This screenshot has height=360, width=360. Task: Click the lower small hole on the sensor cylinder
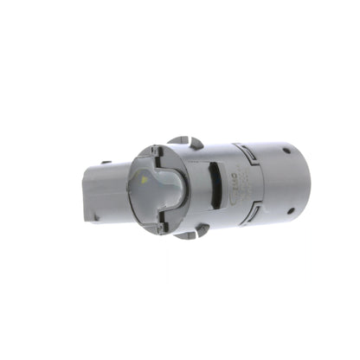pyautogui.click(x=291, y=209)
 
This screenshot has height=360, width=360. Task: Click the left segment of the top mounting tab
pyautogui.click(x=177, y=140)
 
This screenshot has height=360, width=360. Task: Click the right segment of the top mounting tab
pyautogui.click(x=196, y=142)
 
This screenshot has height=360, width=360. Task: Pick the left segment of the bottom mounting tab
pyautogui.click(x=183, y=235)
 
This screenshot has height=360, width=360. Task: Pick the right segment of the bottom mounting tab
pyautogui.click(x=202, y=232)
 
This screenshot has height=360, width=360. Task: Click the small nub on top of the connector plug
pyautogui.click(x=105, y=161)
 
